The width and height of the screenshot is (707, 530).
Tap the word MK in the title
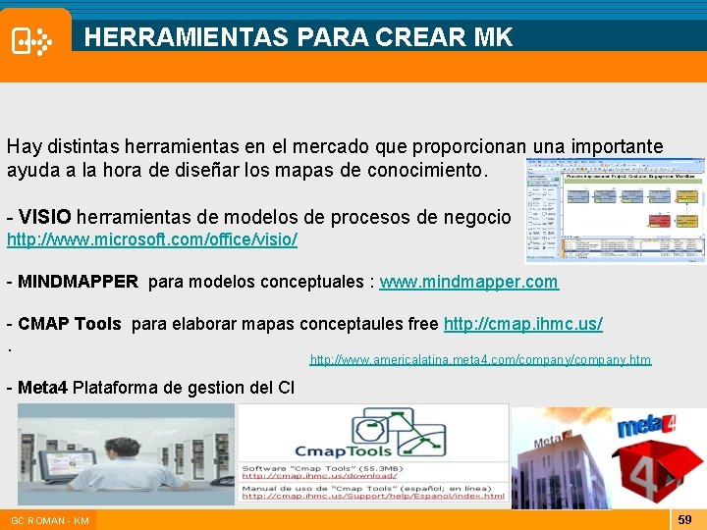[492, 37]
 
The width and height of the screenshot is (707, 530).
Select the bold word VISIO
[45, 217]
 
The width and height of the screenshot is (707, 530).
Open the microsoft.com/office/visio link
[152, 239]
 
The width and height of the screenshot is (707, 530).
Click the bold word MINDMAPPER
[78, 283]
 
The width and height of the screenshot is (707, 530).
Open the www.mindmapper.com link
[469, 283]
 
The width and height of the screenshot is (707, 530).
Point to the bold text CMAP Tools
[70, 324]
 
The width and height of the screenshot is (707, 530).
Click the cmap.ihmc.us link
[523, 324]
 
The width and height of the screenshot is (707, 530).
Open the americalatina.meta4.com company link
[480, 360]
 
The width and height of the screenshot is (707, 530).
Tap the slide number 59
[685, 519]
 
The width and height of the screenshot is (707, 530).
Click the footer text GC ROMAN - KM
[50, 520]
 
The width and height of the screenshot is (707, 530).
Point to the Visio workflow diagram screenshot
[615, 211]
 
